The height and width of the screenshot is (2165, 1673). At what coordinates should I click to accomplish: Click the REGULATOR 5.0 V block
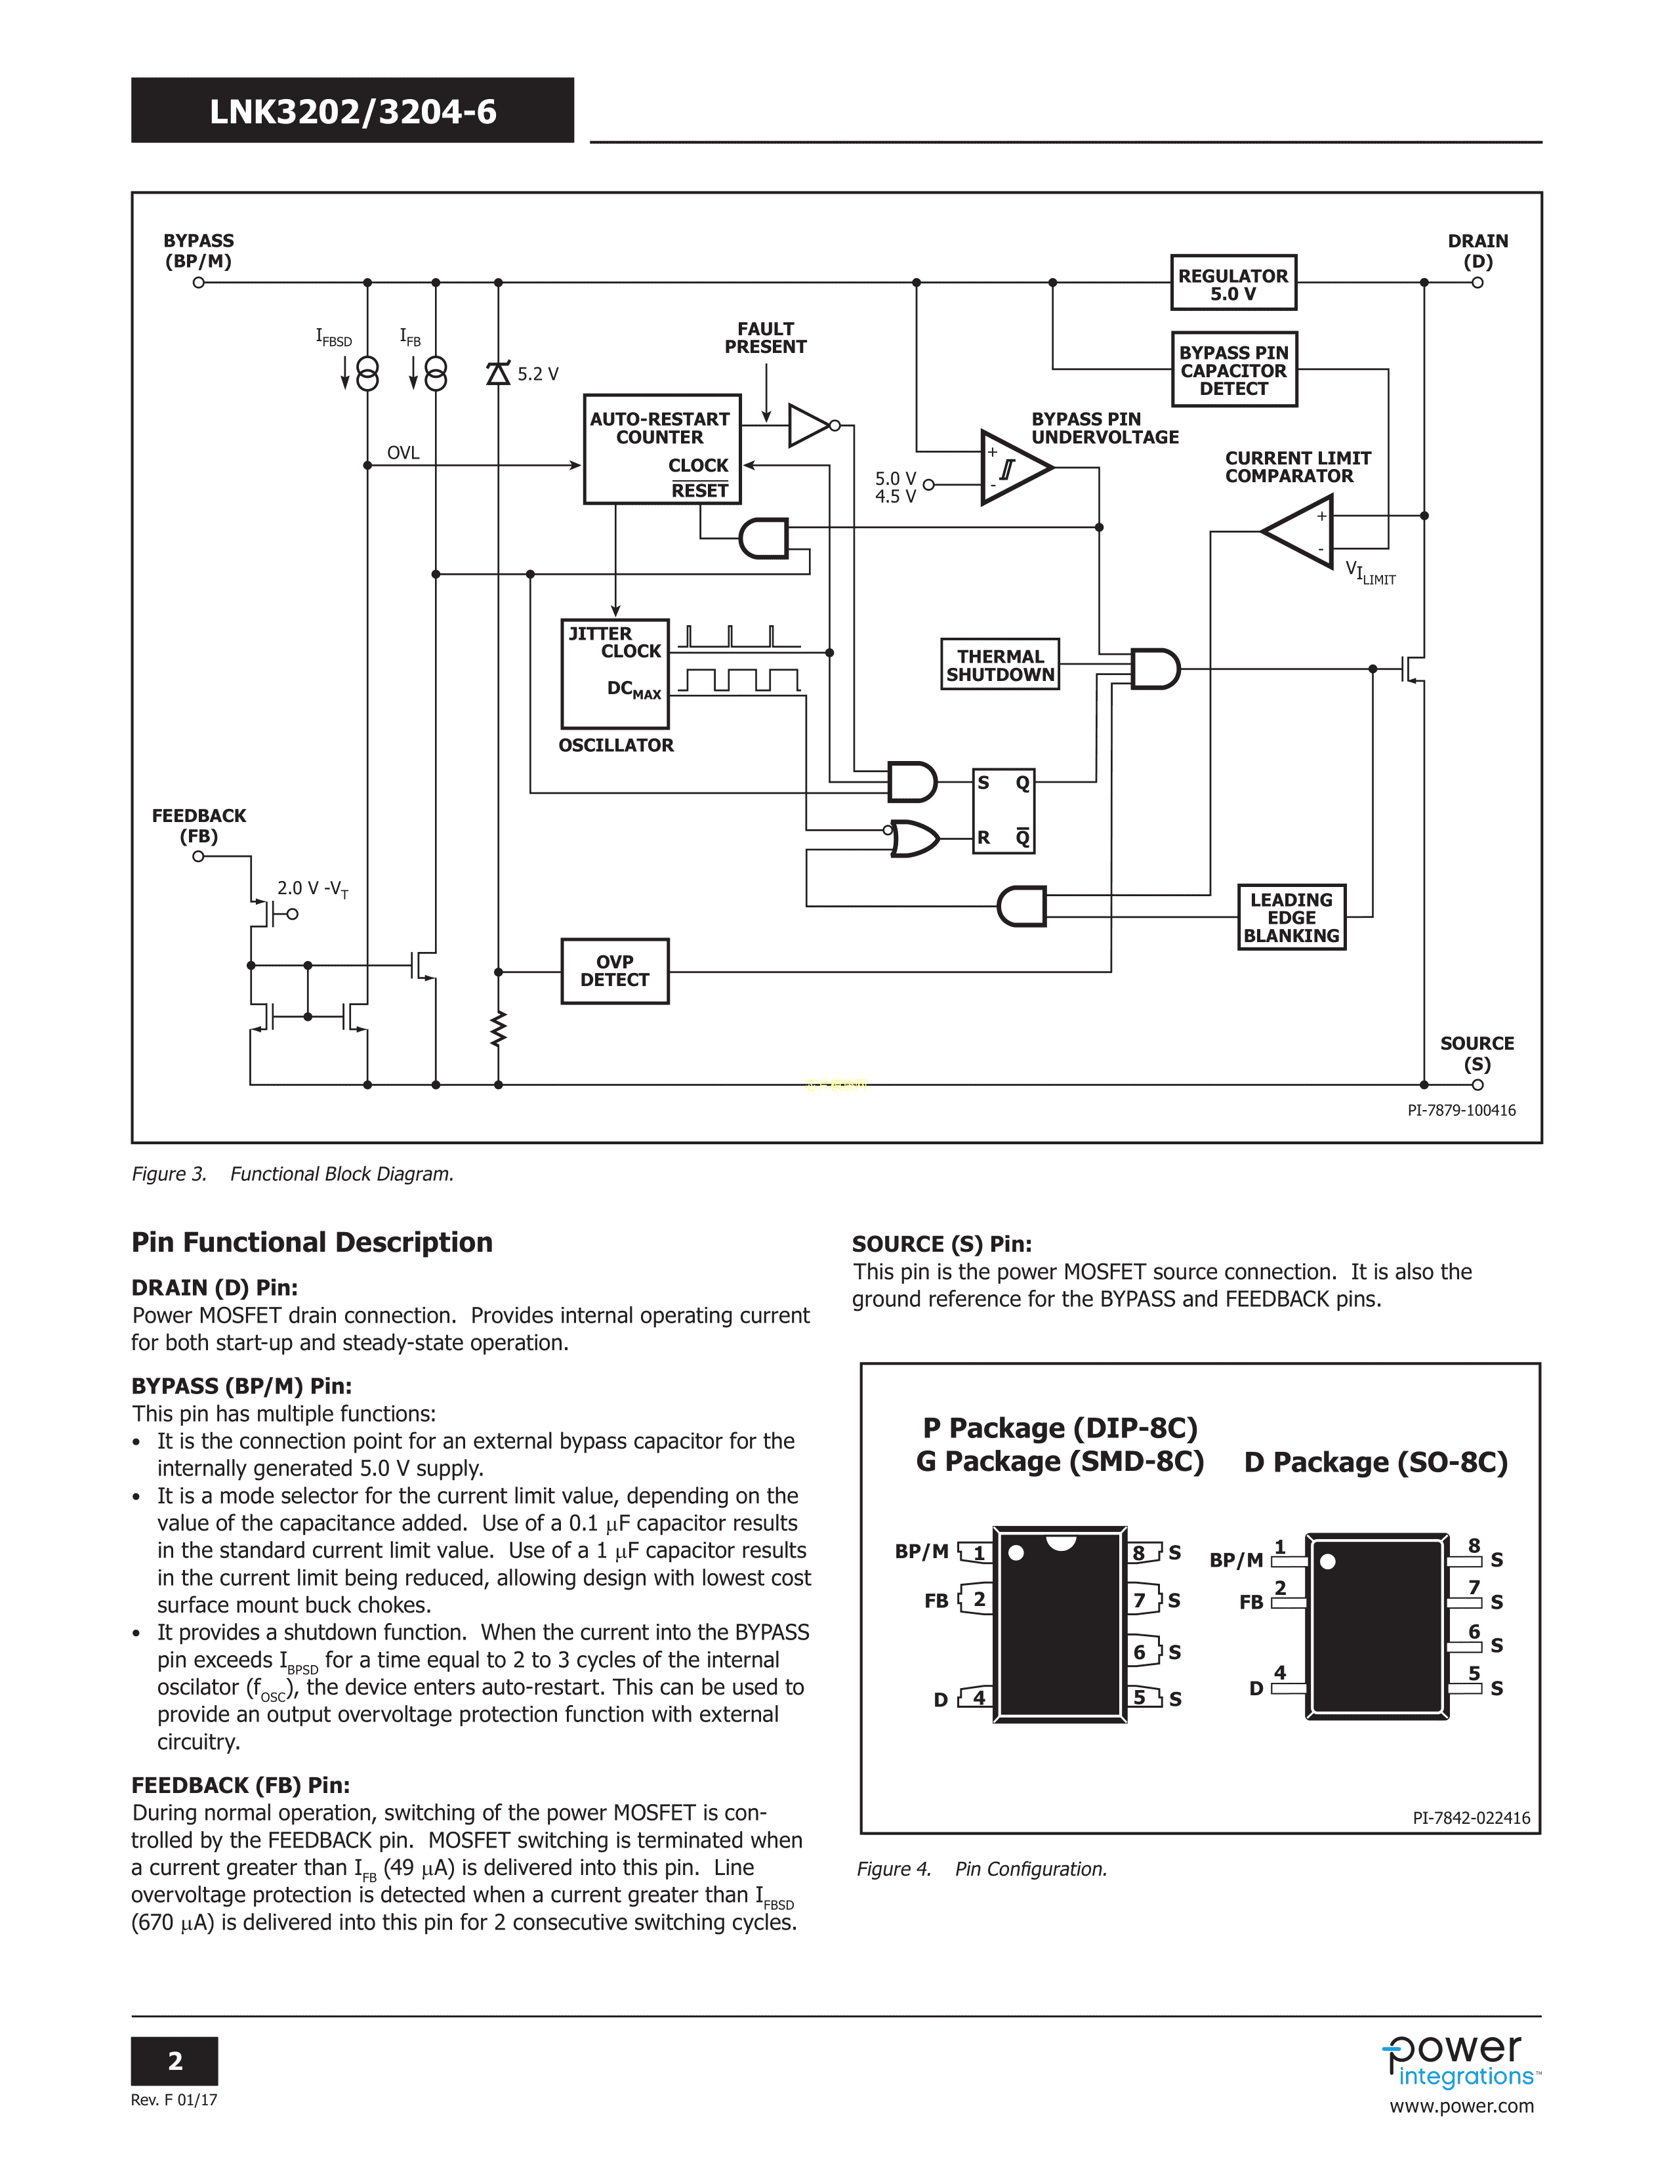click(1233, 283)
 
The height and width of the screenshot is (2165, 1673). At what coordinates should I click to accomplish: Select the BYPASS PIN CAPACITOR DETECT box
click(1234, 370)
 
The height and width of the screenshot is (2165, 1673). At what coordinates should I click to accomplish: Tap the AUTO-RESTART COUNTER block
click(662, 449)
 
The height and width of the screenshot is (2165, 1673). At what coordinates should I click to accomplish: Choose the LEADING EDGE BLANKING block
click(1291, 917)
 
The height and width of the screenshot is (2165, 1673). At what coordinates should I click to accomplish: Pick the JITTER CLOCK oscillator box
click(615, 673)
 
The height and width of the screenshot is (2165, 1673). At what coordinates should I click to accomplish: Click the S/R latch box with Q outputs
click(1003, 811)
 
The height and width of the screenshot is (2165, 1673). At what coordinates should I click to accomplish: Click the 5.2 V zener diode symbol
click(497, 374)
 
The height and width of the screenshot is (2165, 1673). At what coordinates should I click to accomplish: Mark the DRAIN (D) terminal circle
click(1477, 283)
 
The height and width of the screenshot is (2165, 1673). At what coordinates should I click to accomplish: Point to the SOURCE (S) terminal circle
click(1477, 1084)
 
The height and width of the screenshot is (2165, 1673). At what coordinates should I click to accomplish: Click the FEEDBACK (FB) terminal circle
click(198, 856)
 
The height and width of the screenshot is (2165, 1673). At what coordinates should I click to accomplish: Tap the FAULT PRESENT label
click(765, 338)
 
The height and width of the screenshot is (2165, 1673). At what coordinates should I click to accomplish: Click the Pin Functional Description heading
click(312, 1242)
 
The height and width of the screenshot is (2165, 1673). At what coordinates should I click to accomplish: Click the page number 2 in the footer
click(175, 2061)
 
